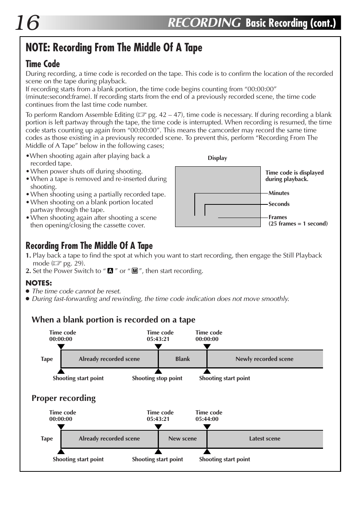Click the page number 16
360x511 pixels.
tap(27, 23)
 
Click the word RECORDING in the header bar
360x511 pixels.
tap(204, 23)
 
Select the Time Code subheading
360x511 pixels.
tap(43, 64)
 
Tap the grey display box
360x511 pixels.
tap(218, 196)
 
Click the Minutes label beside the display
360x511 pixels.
tap(279, 193)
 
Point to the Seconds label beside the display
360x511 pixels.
tap(279, 204)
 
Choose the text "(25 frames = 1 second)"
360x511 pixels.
tap(298, 224)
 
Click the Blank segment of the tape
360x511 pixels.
tap(183, 359)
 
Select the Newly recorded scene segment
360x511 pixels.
tap(265, 359)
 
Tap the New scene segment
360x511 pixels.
tap(183, 439)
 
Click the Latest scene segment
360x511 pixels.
tap(265, 439)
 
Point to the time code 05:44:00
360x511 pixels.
tap(207, 419)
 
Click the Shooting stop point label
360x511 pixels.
tap(157, 378)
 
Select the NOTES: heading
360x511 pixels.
tap(39, 283)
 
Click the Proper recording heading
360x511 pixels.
tap(64, 398)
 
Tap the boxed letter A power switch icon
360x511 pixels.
tap(110, 271)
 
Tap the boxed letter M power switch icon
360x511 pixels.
tap(135, 271)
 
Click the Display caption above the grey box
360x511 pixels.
tap(217, 158)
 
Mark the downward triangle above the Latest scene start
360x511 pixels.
tap(207, 427)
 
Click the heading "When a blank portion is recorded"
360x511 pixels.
tap(114, 320)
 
